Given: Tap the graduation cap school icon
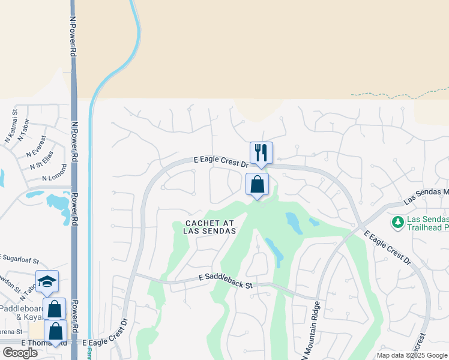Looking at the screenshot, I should [47, 281].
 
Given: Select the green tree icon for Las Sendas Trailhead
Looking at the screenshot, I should [397, 223].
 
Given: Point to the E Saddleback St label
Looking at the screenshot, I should [225, 281].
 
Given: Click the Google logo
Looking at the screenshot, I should [20, 352].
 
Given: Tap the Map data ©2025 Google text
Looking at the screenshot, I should [412, 355].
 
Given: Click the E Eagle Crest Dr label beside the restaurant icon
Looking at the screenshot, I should [221, 161].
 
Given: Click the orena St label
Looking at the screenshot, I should [11, 331].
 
